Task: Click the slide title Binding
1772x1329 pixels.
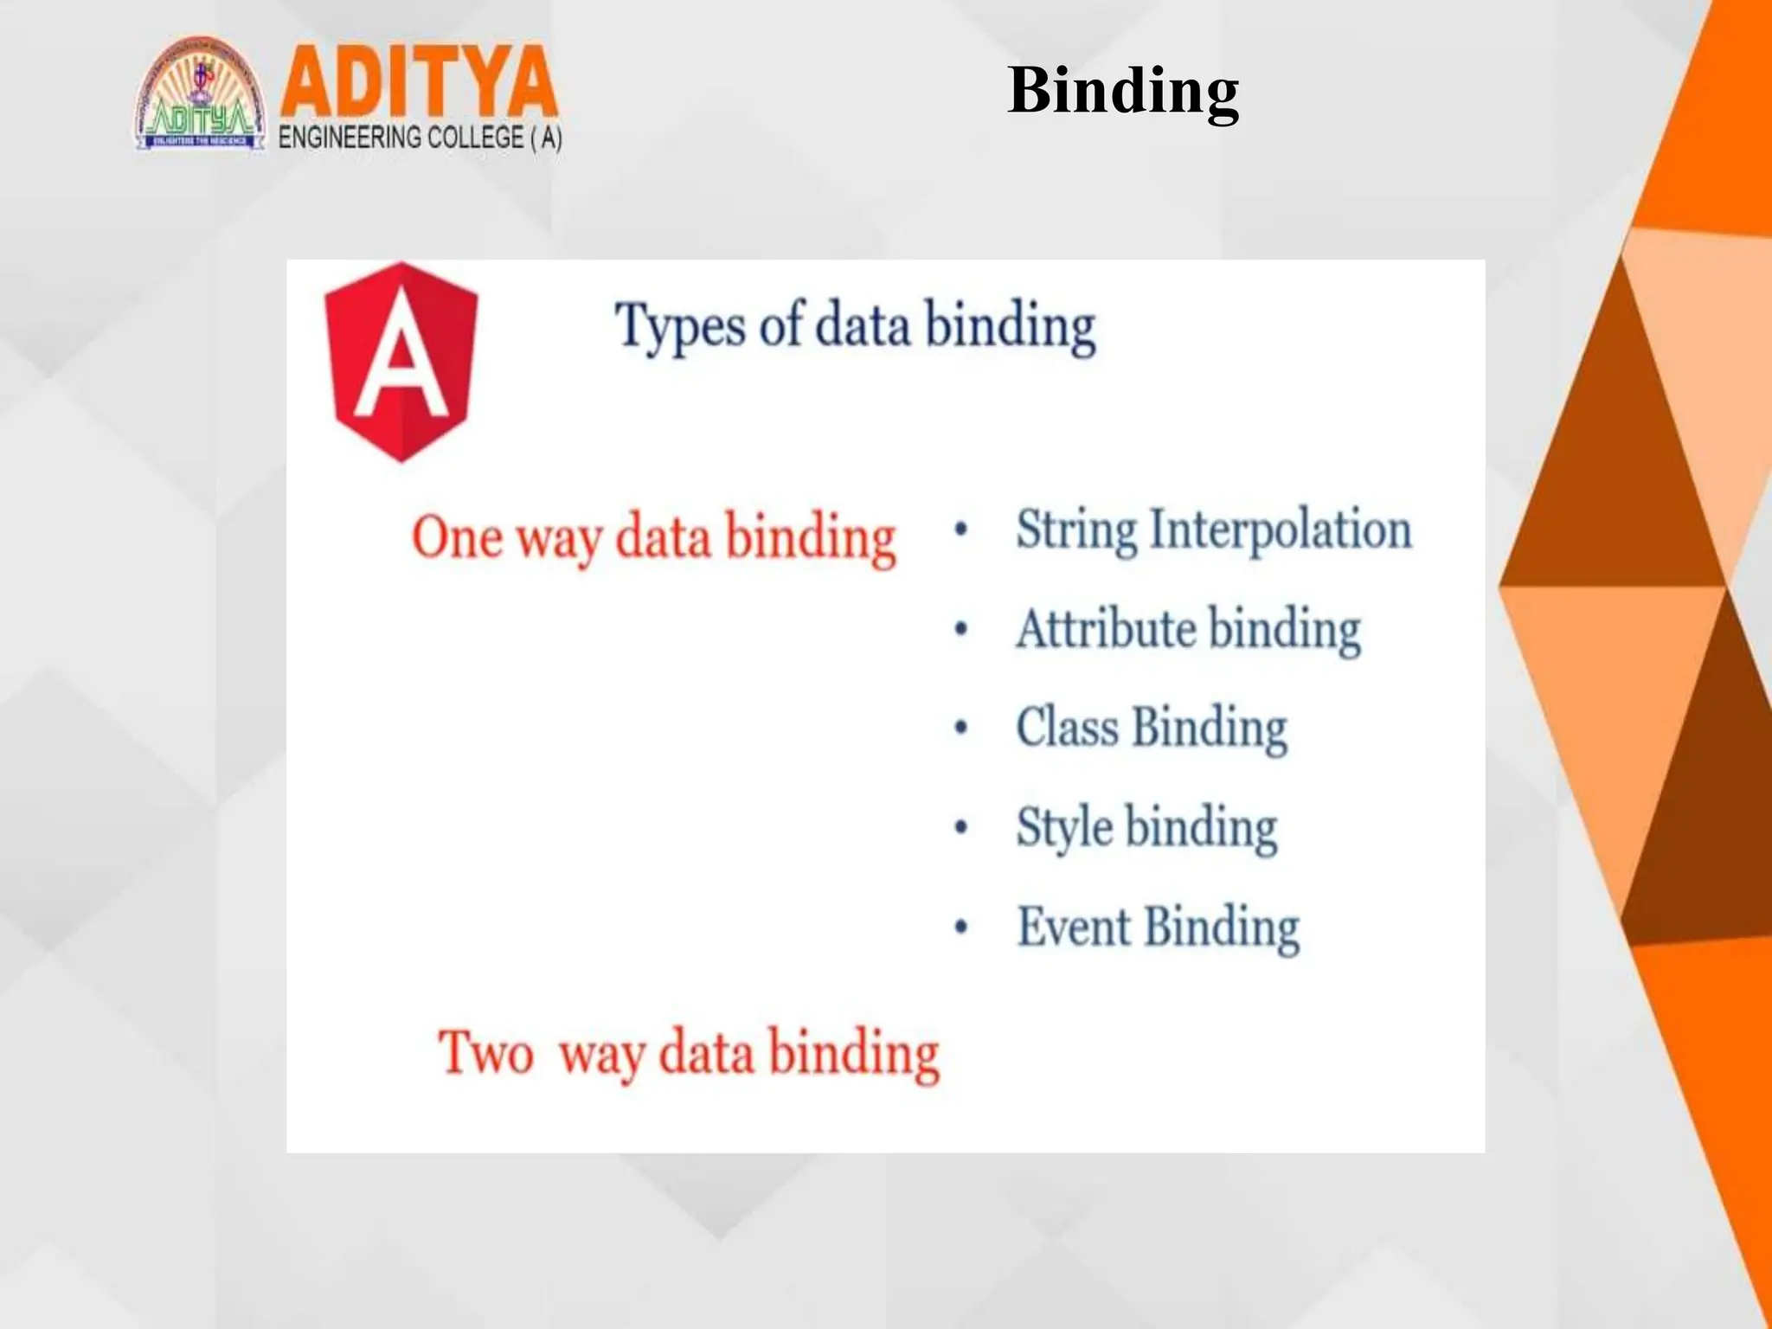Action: coord(1123,91)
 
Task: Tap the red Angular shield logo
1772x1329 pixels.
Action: coord(401,361)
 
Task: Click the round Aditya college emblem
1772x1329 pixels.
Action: coord(200,95)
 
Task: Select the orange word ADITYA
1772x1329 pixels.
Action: coord(418,82)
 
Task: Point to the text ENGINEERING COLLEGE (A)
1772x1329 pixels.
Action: coord(421,138)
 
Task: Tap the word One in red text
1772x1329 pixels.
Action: coord(457,537)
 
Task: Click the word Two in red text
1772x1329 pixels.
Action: coord(485,1053)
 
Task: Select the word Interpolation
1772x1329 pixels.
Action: coord(1281,530)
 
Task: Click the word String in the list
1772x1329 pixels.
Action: coord(1075,530)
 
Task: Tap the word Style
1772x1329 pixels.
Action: coord(1064,828)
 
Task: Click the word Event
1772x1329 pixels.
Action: coord(1074,928)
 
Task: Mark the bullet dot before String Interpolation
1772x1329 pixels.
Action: coord(960,530)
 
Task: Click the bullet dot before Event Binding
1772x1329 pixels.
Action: coord(960,928)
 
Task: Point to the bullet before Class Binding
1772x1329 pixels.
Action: coord(960,728)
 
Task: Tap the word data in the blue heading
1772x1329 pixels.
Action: coord(863,326)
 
